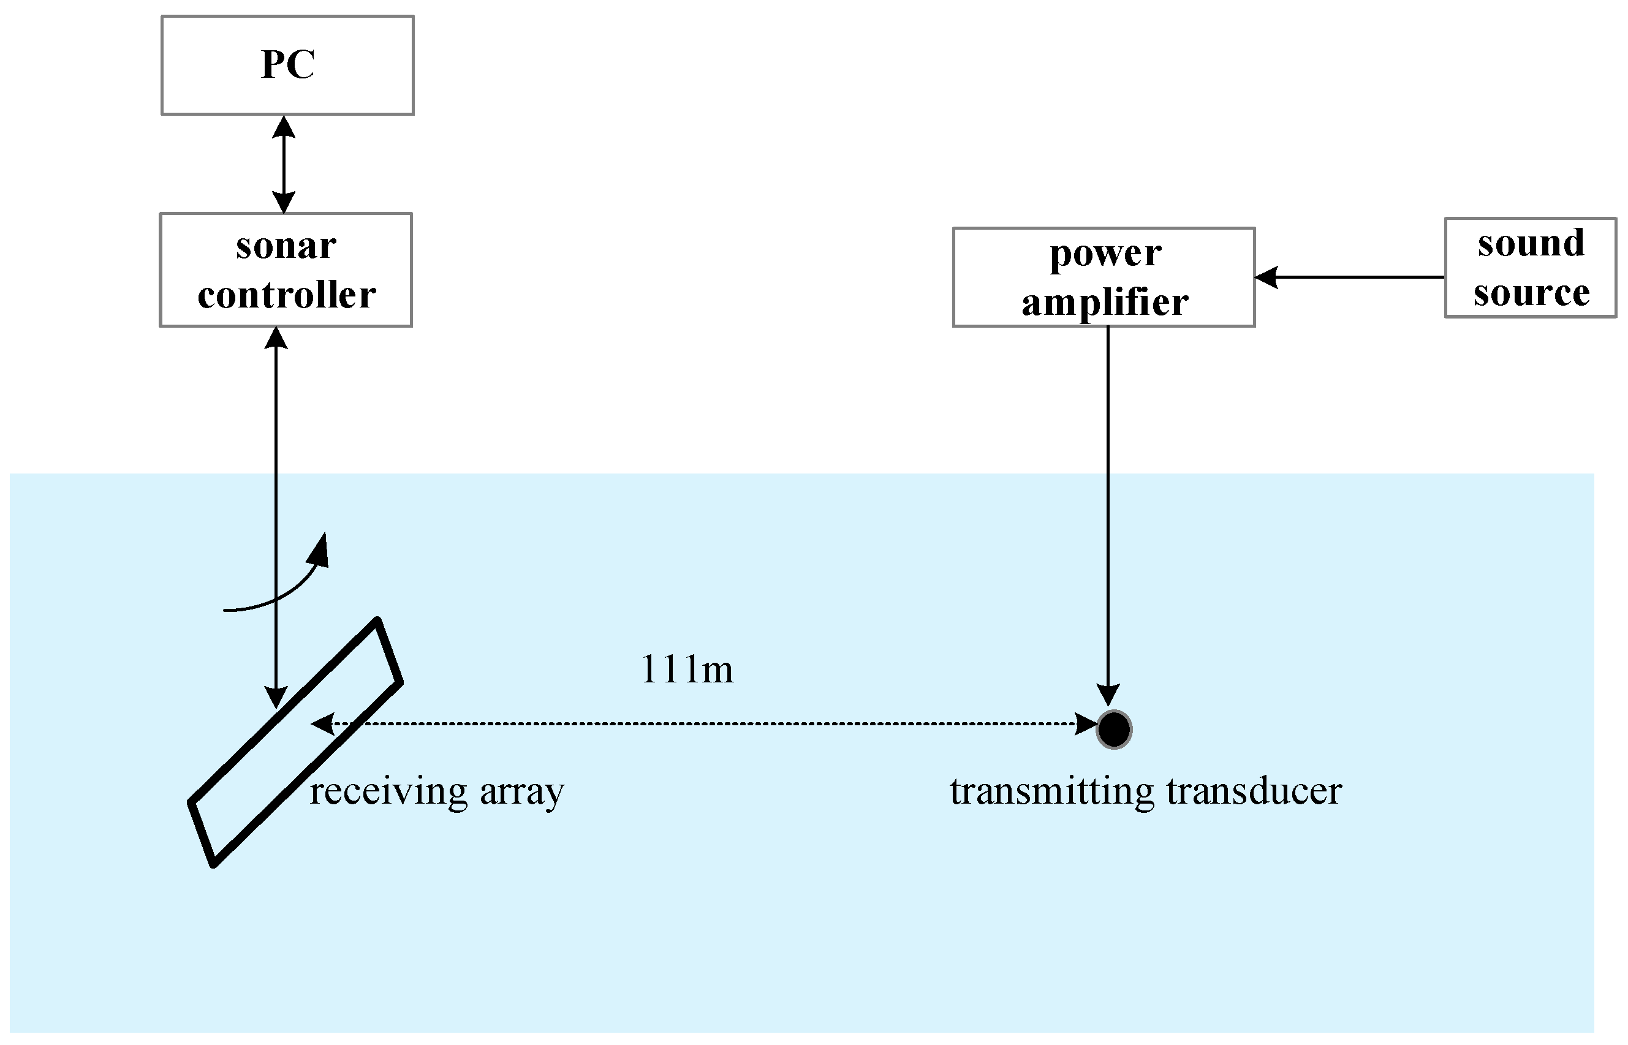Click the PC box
tap(287, 65)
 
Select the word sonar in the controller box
tap(286, 246)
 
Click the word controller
tap(286, 295)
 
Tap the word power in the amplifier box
tap(1105, 254)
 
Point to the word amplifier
tap(1105, 303)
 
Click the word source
tap(1531, 293)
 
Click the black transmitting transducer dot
tap(1113, 730)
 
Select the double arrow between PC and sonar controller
tap(284, 164)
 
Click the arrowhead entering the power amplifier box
tap(1266, 277)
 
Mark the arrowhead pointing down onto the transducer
tap(1108, 695)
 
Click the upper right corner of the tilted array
tap(377, 621)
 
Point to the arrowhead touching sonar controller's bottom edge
tap(276, 338)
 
